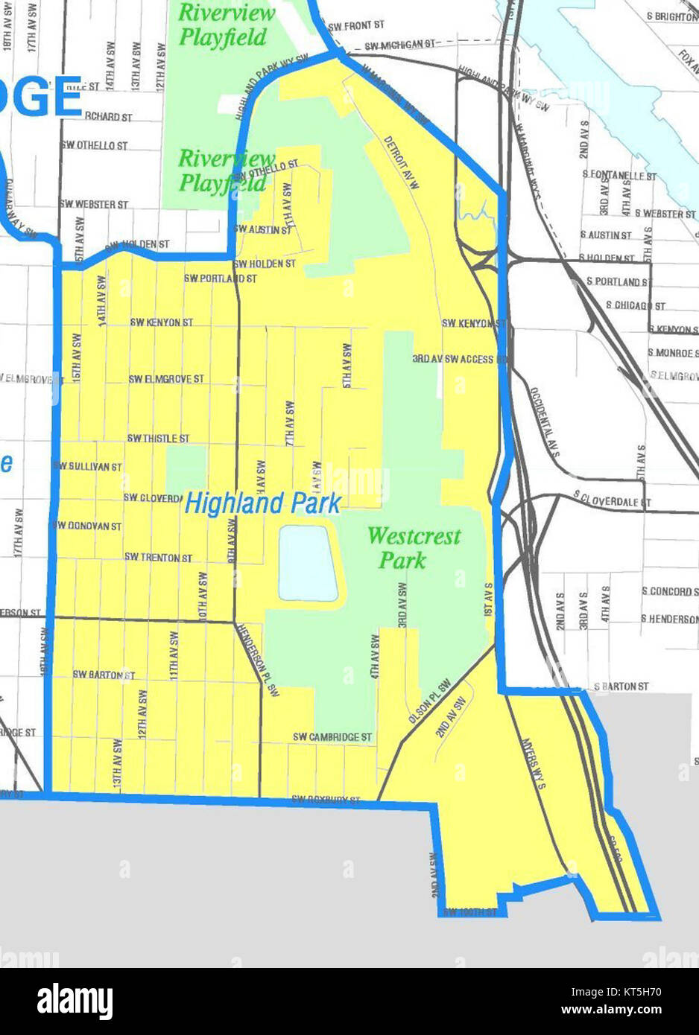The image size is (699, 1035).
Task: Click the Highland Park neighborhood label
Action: (262, 504)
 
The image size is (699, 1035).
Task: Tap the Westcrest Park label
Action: (414, 547)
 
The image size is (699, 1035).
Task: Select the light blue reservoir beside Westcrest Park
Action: (308, 563)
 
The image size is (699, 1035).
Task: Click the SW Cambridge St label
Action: (332, 737)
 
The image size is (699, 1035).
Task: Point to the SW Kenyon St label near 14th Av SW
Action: (161, 322)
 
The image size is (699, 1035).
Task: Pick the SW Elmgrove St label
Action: (166, 379)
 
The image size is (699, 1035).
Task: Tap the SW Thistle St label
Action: (158, 439)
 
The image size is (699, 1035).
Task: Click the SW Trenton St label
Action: (158, 557)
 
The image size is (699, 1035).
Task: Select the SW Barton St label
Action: (104, 675)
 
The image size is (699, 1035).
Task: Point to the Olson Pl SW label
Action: (430, 701)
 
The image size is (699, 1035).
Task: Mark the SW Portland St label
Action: (221, 278)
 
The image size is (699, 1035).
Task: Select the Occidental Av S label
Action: (545, 422)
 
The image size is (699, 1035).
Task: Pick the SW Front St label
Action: (356, 26)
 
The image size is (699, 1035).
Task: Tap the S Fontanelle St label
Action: (619, 176)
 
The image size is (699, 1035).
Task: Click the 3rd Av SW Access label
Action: (453, 359)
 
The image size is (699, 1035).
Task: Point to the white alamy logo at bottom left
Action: (75, 1001)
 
